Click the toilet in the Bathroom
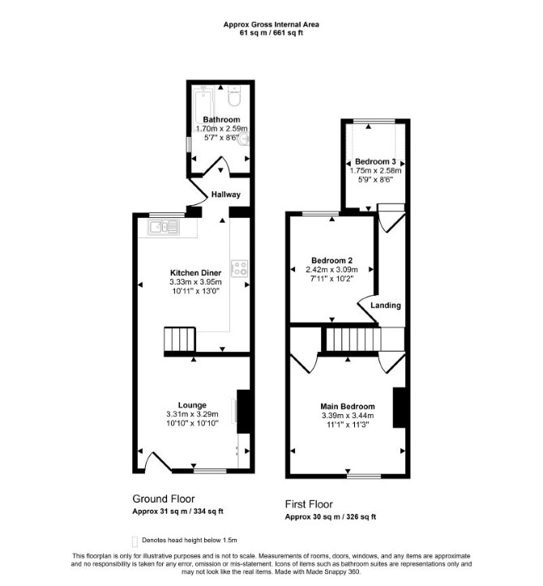(x=235, y=96)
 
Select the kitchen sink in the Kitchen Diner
(x=164, y=227)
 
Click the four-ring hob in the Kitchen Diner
(x=240, y=268)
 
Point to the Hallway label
(x=226, y=195)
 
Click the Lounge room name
(x=192, y=405)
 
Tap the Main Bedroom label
(x=348, y=406)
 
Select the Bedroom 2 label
(x=331, y=260)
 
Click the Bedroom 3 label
(x=375, y=161)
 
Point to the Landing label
(x=386, y=306)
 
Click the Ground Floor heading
(x=164, y=499)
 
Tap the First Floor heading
(x=309, y=504)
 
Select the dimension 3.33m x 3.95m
(x=195, y=282)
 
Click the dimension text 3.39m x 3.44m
(x=348, y=416)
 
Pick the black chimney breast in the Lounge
(x=243, y=412)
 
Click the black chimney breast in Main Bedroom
(x=399, y=408)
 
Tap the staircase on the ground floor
(x=180, y=340)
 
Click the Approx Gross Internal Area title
(x=271, y=24)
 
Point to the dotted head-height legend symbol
(x=135, y=541)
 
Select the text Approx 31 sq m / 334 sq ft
(x=177, y=511)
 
